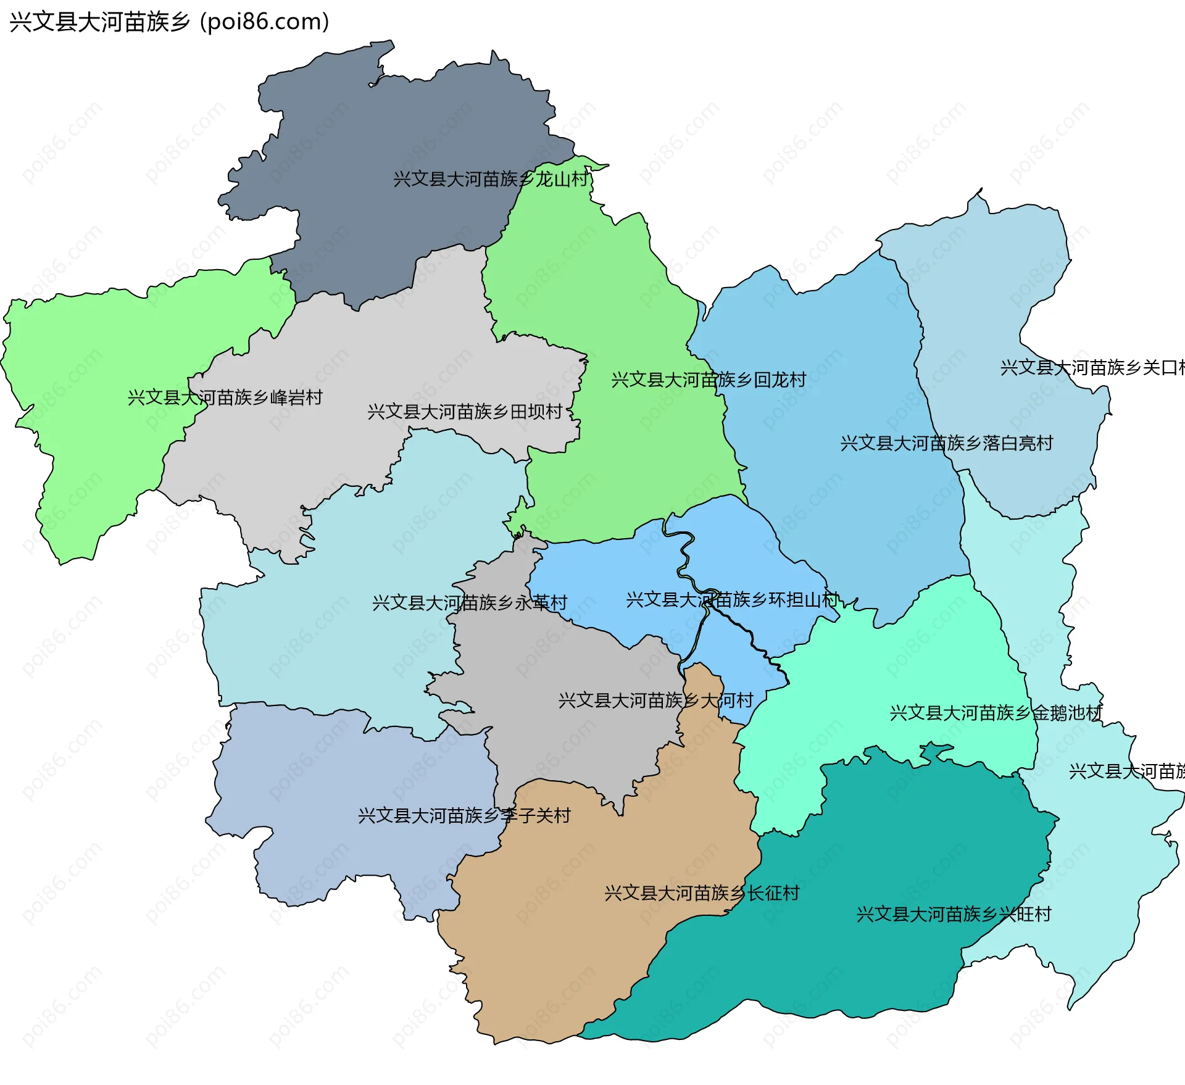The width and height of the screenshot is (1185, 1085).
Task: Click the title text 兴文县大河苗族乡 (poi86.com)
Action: [169, 22]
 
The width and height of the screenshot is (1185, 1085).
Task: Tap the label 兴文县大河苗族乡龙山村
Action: [491, 180]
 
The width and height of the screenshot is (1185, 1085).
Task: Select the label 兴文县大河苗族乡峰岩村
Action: [225, 398]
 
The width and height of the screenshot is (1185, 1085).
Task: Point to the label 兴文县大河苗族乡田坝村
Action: [465, 412]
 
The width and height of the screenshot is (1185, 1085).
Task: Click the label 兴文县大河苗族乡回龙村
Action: [709, 380]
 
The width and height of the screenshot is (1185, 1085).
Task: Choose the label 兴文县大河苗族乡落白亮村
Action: [946, 444]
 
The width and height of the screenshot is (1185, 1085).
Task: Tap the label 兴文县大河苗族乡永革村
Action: [470, 603]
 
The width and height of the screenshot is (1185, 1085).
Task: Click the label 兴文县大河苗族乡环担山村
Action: [733, 600]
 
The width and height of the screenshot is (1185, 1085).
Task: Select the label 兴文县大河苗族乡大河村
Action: [655, 700]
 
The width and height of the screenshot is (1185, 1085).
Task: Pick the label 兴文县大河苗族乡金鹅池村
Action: [996, 713]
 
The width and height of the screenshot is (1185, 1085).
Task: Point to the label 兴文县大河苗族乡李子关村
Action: [464, 816]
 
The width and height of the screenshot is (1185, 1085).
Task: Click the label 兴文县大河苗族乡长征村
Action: [702, 893]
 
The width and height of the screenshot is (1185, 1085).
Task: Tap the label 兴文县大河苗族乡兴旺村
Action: [954, 915]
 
